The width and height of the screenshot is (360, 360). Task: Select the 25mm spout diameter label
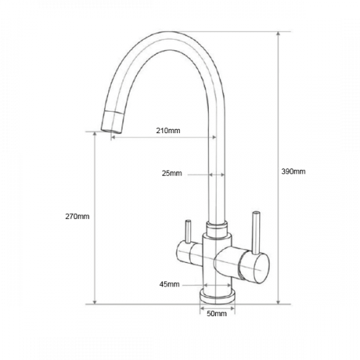point(172,174)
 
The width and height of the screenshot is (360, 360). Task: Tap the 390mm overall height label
point(293,171)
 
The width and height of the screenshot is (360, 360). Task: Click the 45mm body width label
point(169,284)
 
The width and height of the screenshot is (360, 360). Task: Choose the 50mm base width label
point(217,313)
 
